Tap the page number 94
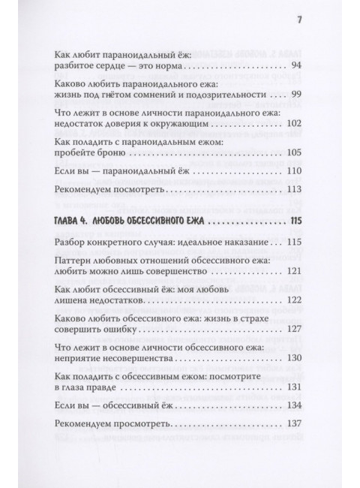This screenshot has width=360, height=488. click(x=295, y=68)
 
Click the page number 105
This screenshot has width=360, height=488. click(x=293, y=154)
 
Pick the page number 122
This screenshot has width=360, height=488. click(x=293, y=300)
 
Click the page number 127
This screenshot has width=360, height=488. click(x=293, y=329)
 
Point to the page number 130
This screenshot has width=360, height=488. click(x=293, y=358)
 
